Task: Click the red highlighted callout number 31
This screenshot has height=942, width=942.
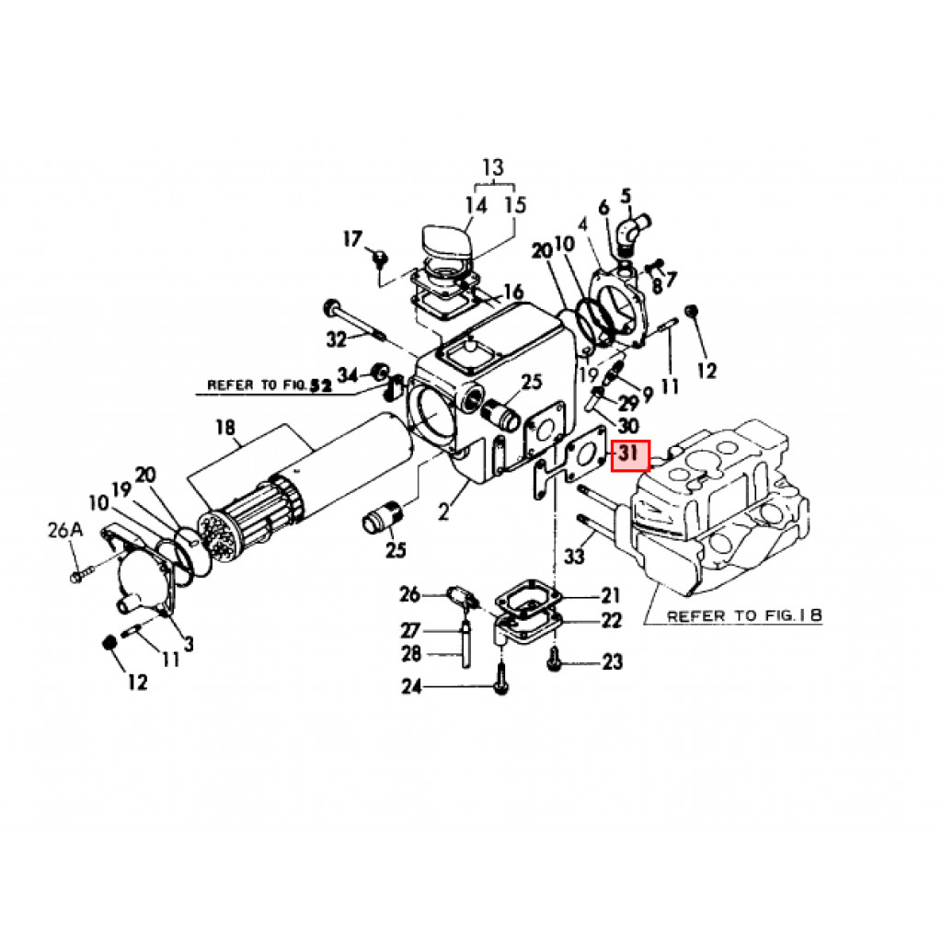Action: point(630,455)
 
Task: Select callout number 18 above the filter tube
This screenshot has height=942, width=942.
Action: point(225,427)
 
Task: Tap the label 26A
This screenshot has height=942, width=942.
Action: point(65,531)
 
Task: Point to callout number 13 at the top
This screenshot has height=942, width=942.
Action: point(493,167)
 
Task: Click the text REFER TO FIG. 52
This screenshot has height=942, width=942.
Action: point(270,385)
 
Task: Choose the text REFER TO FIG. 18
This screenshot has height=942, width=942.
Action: point(743,615)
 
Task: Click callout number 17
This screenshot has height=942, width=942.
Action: point(352,238)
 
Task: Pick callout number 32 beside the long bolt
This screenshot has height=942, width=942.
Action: point(337,340)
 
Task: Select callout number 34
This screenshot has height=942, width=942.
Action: point(348,375)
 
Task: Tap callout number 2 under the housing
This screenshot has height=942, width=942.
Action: point(443,511)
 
